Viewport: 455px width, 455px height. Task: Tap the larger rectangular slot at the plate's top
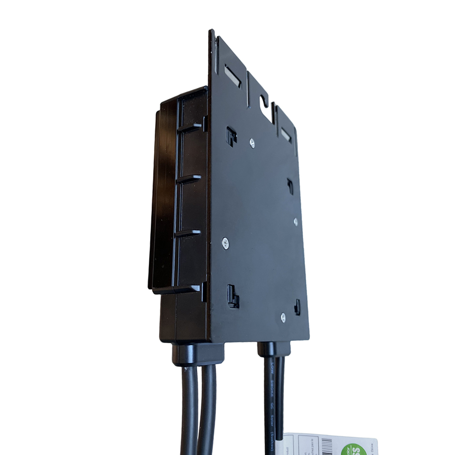pyautogui.click(x=233, y=76)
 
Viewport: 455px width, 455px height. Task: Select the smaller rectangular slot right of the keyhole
pyautogui.click(x=286, y=135)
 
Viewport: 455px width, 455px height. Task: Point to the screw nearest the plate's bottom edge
pyautogui.click(x=283, y=318)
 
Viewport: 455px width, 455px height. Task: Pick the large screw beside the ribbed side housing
pyautogui.click(x=225, y=243)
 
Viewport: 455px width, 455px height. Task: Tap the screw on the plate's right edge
pyautogui.click(x=296, y=222)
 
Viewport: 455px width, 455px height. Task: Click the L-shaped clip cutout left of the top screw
pyautogui.click(x=231, y=136)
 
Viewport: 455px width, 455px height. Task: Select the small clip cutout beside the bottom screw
pyautogui.click(x=297, y=307)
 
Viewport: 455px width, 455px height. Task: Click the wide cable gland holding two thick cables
pyautogui.click(x=197, y=354)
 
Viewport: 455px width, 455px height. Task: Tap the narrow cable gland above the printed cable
pyautogui.click(x=274, y=349)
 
